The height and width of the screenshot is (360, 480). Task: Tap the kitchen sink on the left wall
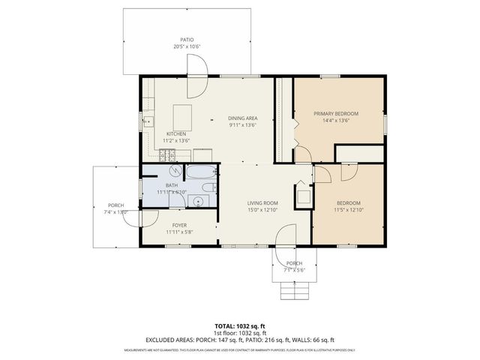tap(147, 119)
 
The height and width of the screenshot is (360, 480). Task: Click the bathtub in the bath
tap(200, 172)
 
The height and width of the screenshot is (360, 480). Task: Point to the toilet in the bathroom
tap(211, 188)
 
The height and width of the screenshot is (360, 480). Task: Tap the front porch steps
tap(294, 290)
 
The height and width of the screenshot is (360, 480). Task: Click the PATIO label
tap(187, 39)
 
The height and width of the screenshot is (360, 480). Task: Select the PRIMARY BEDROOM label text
tap(335, 113)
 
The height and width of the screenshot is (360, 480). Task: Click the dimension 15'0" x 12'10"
tap(263, 211)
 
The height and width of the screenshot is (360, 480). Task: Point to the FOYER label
tap(178, 224)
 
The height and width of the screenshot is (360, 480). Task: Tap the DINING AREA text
tap(243, 118)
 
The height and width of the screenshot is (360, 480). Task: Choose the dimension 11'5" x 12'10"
tap(349, 211)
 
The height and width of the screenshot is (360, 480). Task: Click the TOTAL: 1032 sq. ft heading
tap(239, 326)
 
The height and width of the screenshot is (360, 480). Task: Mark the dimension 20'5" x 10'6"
tap(187, 46)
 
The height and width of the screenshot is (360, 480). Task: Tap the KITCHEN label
tap(176, 133)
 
